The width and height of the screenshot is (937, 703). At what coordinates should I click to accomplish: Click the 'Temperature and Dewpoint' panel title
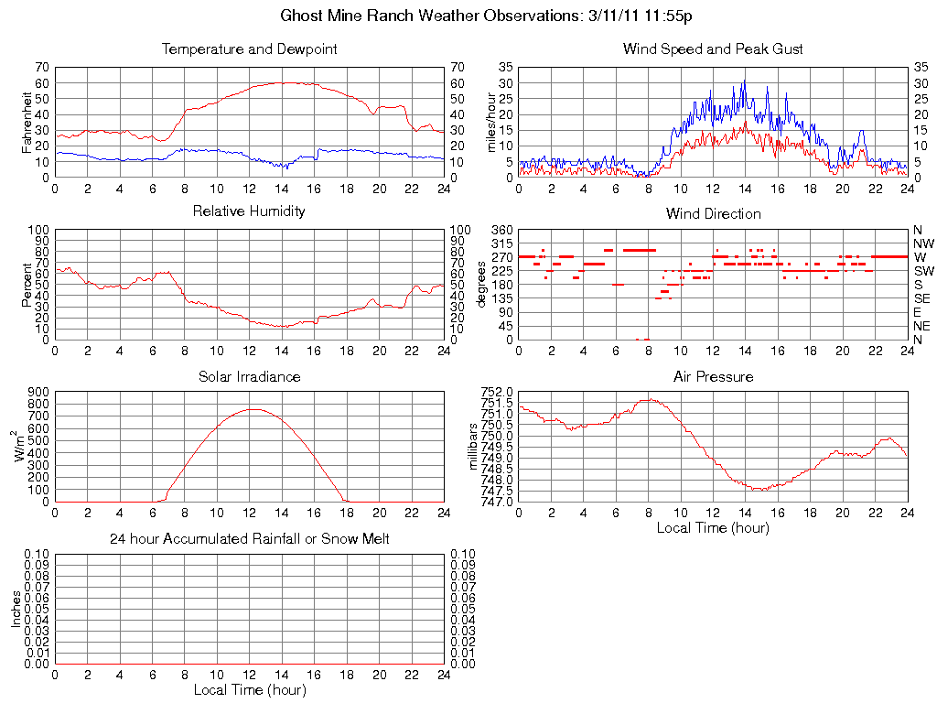(x=249, y=49)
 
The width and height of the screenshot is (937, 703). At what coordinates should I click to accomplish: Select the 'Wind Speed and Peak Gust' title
(x=713, y=49)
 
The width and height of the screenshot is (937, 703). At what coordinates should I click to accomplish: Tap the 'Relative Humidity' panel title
(x=249, y=211)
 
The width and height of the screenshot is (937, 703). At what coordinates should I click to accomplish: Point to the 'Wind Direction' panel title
(x=713, y=213)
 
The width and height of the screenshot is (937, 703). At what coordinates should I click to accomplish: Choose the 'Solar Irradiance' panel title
(x=249, y=376)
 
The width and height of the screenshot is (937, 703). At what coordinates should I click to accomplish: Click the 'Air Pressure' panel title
(x=713, y=376)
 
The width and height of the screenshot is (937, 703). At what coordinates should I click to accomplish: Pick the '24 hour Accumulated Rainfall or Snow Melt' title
(x=249, y=539)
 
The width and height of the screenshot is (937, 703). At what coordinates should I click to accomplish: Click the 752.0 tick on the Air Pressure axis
(x=496, y=392)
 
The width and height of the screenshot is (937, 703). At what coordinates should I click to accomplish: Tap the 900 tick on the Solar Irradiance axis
(x=38, y=392)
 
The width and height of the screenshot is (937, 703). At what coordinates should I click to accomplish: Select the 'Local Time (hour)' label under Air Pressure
(x=713, y=527)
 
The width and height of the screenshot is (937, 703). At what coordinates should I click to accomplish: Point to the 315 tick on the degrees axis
(x=501, y=243)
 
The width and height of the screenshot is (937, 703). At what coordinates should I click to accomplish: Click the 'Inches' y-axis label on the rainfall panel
(x=16, y=609)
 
